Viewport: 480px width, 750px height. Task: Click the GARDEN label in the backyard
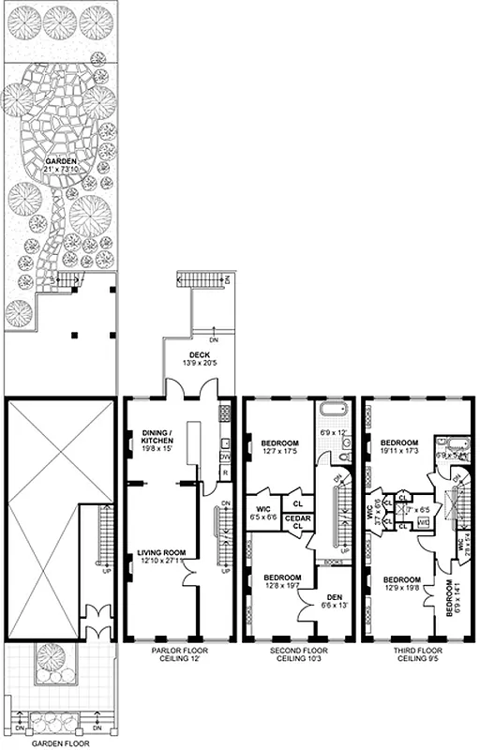click(61, 160)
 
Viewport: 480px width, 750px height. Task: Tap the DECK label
click(199, 354)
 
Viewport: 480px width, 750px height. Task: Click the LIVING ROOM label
click(159, 553)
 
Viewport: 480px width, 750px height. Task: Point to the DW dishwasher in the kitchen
click(226, 457)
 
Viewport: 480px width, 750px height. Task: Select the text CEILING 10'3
click(298, 660)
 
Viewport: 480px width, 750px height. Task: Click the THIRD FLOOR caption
click(416, 650)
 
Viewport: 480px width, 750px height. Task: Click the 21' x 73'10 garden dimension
click(61, 170)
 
